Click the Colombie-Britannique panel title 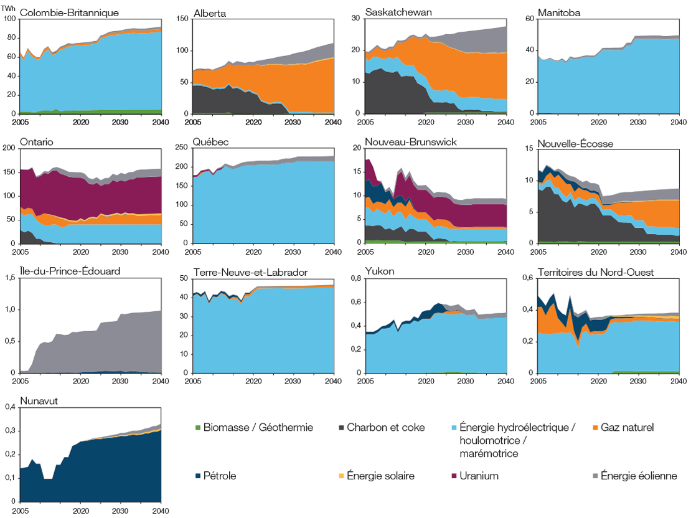(x=69, y=12)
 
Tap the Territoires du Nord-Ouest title (x=592, y=271)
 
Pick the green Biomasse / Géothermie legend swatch (x=198, y=427)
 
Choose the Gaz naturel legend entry (x=626, y=427)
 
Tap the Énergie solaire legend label (x=380, y=476)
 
